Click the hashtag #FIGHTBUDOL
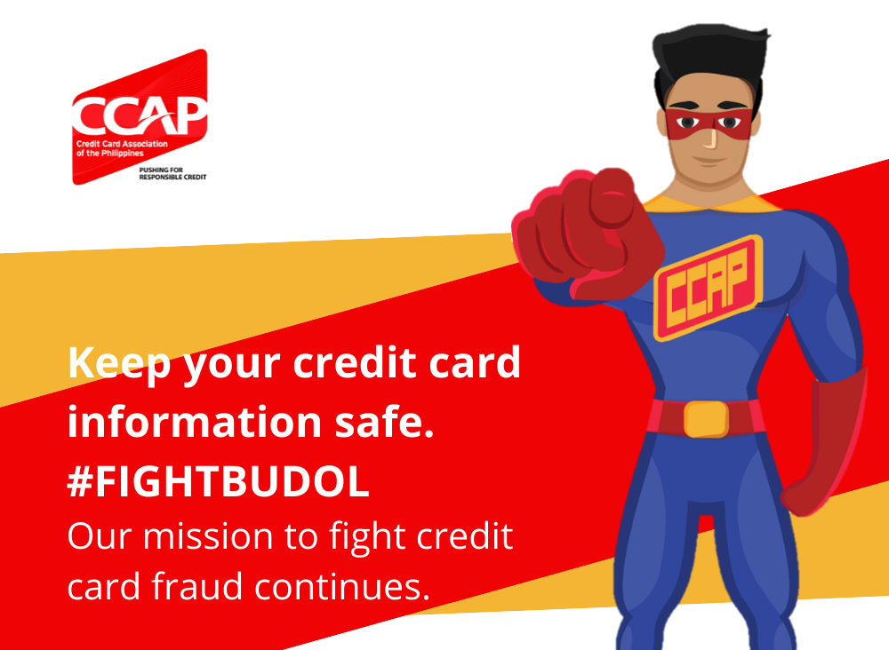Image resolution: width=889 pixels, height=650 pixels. (219, 481)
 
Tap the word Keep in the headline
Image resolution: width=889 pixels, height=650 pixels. (119, 364)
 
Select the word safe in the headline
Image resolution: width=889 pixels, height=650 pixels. (385, 422)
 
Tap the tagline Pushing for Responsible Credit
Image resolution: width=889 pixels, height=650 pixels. (173, 173)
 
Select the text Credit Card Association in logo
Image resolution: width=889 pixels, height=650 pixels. (122, 144)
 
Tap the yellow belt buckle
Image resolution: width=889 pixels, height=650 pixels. (706, 419)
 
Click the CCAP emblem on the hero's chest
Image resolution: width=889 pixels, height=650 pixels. (708, 288)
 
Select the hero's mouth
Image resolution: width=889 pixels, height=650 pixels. (708, 160)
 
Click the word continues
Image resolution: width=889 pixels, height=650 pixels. (342, 586)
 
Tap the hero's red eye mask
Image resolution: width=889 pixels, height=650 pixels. (709, 123)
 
